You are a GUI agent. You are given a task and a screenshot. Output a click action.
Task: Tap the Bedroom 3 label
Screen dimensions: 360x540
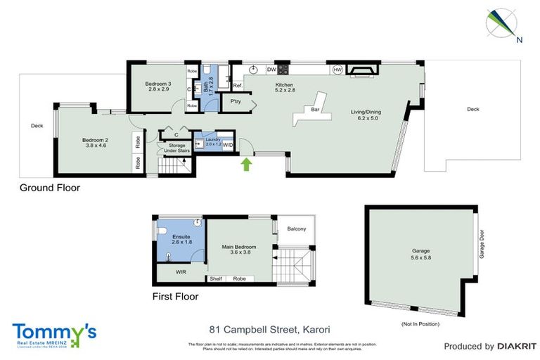(x=159, y=86)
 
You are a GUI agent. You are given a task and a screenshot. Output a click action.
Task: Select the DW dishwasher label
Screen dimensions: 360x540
(x=271, y=70)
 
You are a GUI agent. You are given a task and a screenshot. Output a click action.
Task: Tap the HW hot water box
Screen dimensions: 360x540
(x=337, y=70)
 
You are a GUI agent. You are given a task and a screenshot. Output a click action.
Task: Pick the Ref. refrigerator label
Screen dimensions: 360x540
(x=238, y=86)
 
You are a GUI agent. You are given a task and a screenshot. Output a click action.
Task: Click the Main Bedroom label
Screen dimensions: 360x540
(x=239, y=250)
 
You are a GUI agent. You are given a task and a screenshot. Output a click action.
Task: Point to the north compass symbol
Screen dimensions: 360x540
(x=501, y=22)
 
